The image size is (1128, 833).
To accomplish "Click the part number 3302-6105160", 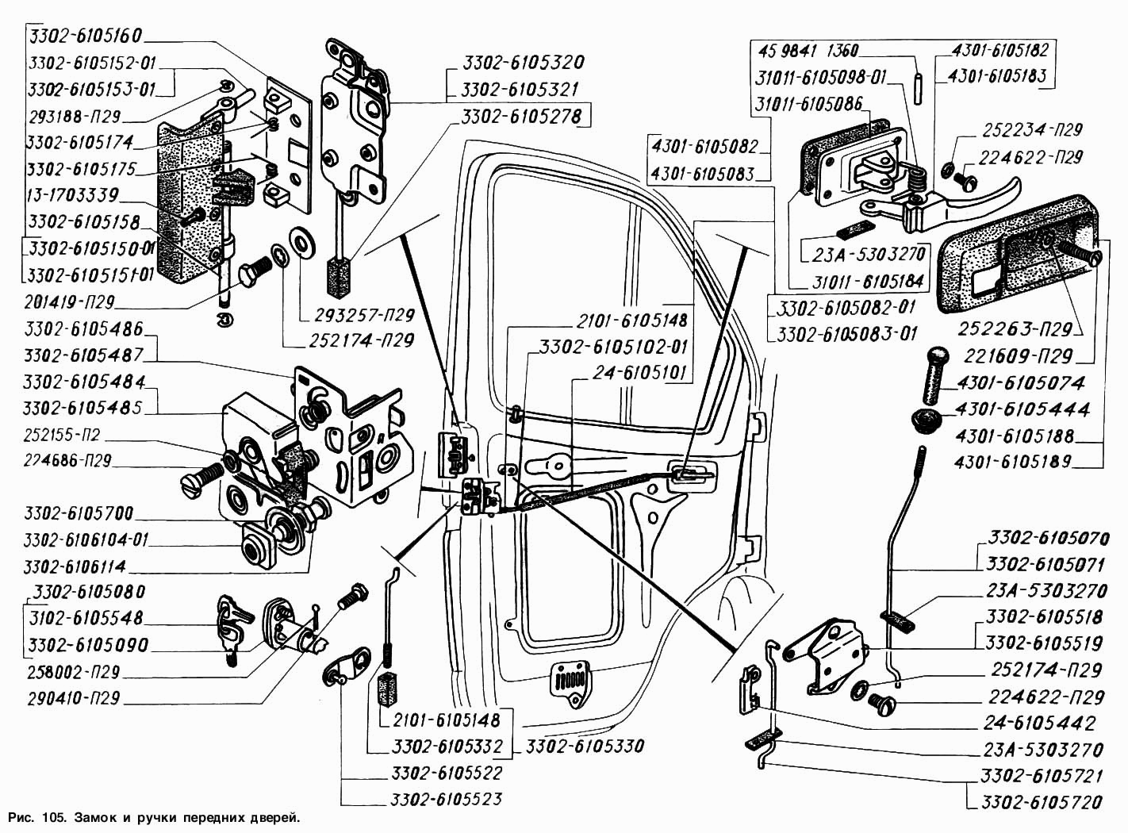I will [x=85, y=36].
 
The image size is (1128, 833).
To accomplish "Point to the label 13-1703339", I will [x=72, y=195].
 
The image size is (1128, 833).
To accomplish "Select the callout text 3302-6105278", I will [x=523, y=117].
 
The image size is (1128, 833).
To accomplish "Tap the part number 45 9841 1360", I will [x=808, y=51].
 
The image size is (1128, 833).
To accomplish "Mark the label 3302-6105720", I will [x=1042, y=802].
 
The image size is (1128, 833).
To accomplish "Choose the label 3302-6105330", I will [x=585, y=747].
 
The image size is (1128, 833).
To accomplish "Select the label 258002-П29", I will [x=72, y=672].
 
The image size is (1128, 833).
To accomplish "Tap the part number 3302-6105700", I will [x=79, y=512].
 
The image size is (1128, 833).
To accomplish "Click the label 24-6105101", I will [x=639, y=374].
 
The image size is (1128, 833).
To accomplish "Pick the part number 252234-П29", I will [x=1032, y=130].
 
